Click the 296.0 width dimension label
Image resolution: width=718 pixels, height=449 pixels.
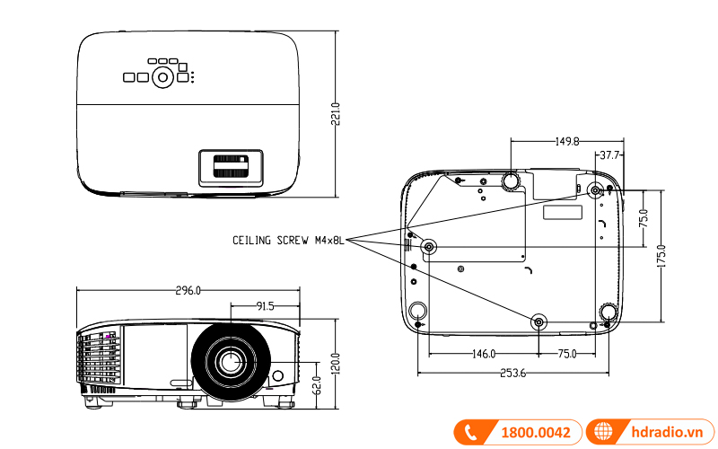[188, 290]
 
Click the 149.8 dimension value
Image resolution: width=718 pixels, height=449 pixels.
[566, 141]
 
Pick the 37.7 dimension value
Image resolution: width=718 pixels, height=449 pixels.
[611, 155]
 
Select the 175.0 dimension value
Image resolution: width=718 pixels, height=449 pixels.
[661, 255]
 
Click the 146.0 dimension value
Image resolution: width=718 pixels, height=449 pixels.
[483, 354]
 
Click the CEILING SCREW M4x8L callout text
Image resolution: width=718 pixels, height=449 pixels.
[288, 241]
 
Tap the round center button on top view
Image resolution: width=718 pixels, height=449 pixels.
[162, 76]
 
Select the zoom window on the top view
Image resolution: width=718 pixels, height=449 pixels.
[232, 167]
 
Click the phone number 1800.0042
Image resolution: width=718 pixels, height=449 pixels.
[535, 432]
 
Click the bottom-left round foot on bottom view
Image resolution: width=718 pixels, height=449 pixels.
[417, 311]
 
